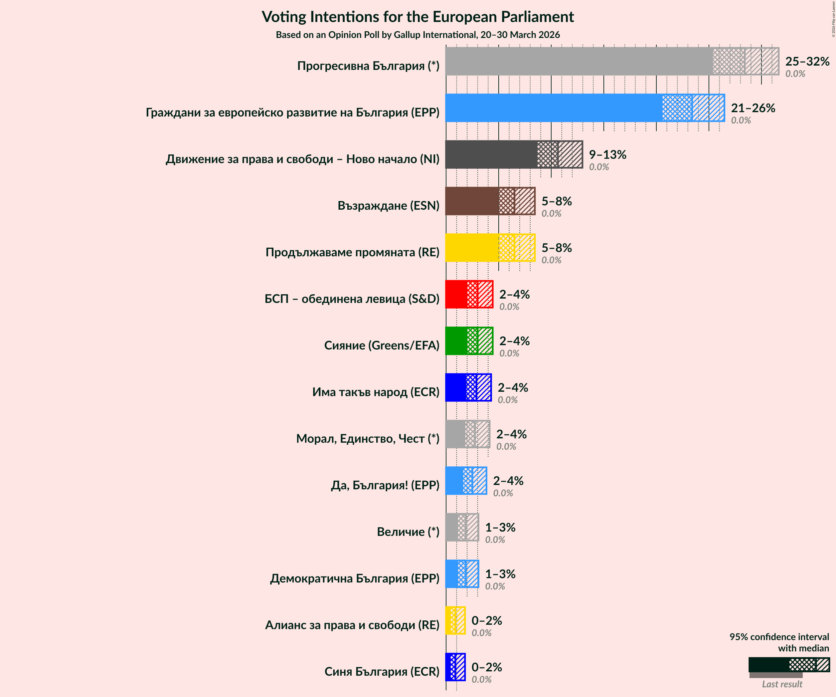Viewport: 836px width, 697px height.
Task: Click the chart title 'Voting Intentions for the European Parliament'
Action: (x=418, y=17)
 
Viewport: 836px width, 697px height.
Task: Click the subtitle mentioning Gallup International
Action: (x=418, y=35)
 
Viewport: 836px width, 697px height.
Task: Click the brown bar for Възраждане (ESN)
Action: (x=472, y=201)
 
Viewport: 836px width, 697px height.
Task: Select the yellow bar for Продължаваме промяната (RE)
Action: (x=472, y=248)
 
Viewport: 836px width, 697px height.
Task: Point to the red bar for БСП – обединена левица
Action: (x=456, y=294)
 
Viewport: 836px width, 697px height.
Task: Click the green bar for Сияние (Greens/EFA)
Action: (x=456, y=341)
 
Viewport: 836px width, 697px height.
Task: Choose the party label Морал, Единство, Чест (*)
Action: (x=368, y=438)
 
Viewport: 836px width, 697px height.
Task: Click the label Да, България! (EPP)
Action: (x=385, y=485)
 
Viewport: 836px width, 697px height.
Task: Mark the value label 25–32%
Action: (x=807, y=61)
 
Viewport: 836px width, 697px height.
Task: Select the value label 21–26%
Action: (x=753, y=108)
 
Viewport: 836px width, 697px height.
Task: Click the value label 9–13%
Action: (x=607, y=154)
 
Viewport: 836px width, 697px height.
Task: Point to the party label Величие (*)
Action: (x=408, y=532)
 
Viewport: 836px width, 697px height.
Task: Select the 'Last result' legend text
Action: (x=782, y=684)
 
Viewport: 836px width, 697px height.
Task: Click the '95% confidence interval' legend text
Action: (x=779, y=637)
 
